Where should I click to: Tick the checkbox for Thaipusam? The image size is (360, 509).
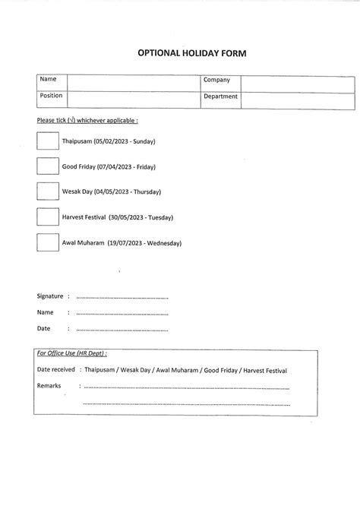pyautogui.click(x=47, y=141)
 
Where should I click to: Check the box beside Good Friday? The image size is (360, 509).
pyautogui.click(x=47, y=166)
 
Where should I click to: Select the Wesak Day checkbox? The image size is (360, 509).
pyautogui.click(x=47, y=191)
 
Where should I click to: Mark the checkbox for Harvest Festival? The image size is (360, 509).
pyautogui.click(x=47, y=217)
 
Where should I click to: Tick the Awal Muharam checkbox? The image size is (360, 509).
pyautogui.click(x=47, y=243)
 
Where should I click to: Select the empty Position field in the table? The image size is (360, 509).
pyautogui.click(x=133, y=100)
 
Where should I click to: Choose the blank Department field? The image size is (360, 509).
pyautogui.click(x=297, y=100)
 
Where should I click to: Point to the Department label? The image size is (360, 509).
pyautogui.click(x=220, y=97)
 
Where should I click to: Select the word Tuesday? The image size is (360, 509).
pyautogui.click(x=159, y=218)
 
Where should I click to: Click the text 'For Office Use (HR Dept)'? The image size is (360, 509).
pyautogui.click(x=71, y=353)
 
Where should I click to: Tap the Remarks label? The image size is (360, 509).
pyautogui.click(x=49, y=386)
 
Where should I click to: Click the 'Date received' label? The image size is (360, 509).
pyautogui.click(x=55, y=370)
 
